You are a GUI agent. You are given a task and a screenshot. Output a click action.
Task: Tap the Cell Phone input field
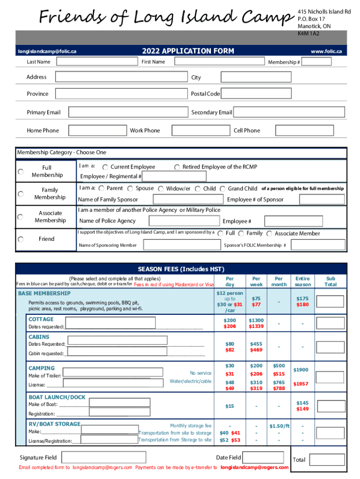[310, 130]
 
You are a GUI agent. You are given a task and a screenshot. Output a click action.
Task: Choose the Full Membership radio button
[21, 172]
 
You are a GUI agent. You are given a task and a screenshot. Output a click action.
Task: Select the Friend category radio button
[21, 239]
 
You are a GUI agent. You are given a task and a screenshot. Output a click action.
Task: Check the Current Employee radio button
[105, 167]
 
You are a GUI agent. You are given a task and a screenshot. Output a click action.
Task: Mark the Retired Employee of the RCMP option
[177, 167]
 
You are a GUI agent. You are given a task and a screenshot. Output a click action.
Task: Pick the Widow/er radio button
[161, 189]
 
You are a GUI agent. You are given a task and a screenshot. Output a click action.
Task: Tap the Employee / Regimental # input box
[174, 176]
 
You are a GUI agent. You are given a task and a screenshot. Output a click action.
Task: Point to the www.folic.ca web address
[326, 51]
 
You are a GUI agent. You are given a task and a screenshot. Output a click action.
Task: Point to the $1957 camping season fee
[301, 384]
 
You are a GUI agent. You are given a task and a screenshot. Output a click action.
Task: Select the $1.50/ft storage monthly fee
[279, 426]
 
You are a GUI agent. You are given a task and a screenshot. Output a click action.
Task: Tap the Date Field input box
[264, 457]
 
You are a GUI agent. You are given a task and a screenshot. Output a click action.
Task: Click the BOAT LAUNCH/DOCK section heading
[57, 397]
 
